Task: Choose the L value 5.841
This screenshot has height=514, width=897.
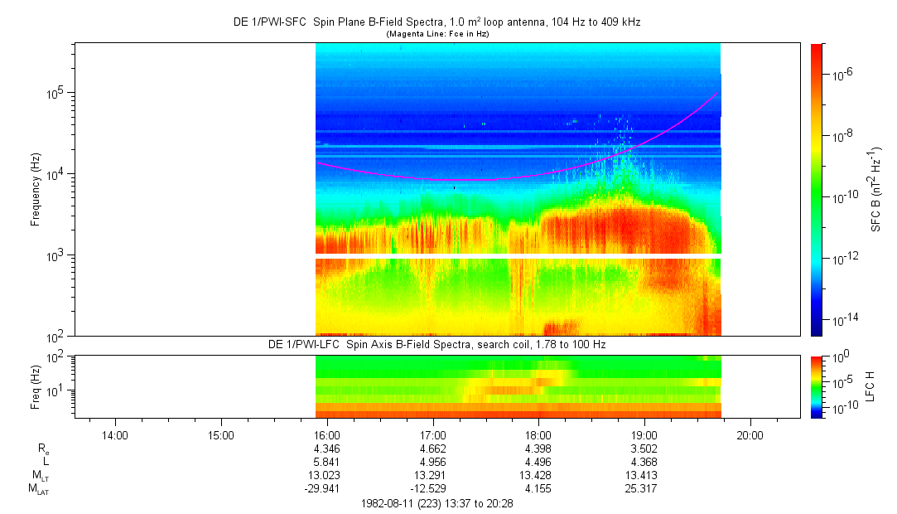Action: (x=327, y=461)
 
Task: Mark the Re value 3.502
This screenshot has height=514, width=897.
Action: (x=644, y=449)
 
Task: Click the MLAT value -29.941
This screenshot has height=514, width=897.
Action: (x=325, y=487)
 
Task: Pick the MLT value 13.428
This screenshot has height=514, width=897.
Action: (x=538, y=474)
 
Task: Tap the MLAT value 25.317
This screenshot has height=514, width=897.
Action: (x=644, y=487)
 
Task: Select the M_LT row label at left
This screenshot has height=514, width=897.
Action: (x=39, y=475)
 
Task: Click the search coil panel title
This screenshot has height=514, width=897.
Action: (x=436, y=344)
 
